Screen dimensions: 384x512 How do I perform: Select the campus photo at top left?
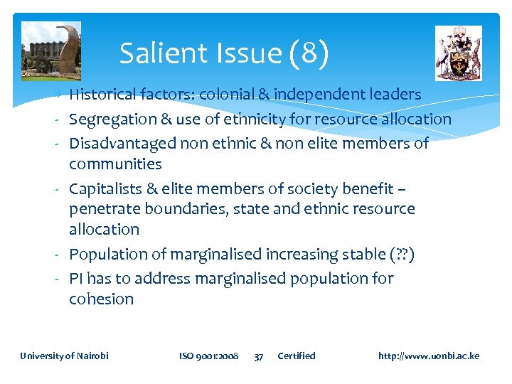[51, 50]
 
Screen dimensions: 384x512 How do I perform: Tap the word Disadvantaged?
[122, 143]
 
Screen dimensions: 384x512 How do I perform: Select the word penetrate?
[105, 209]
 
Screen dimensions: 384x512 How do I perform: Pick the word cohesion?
[101, 299]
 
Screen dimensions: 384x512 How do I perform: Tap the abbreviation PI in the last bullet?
[78, 278]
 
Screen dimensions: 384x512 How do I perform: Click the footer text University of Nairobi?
[64, 356]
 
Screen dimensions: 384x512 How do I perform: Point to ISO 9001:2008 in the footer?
[208, 356]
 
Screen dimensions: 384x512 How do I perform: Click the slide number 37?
[259, 356]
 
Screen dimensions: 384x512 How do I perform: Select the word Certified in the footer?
[296, 356]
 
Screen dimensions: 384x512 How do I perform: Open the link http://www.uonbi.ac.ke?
[429, 356]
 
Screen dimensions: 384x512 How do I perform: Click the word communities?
[115, 164]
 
